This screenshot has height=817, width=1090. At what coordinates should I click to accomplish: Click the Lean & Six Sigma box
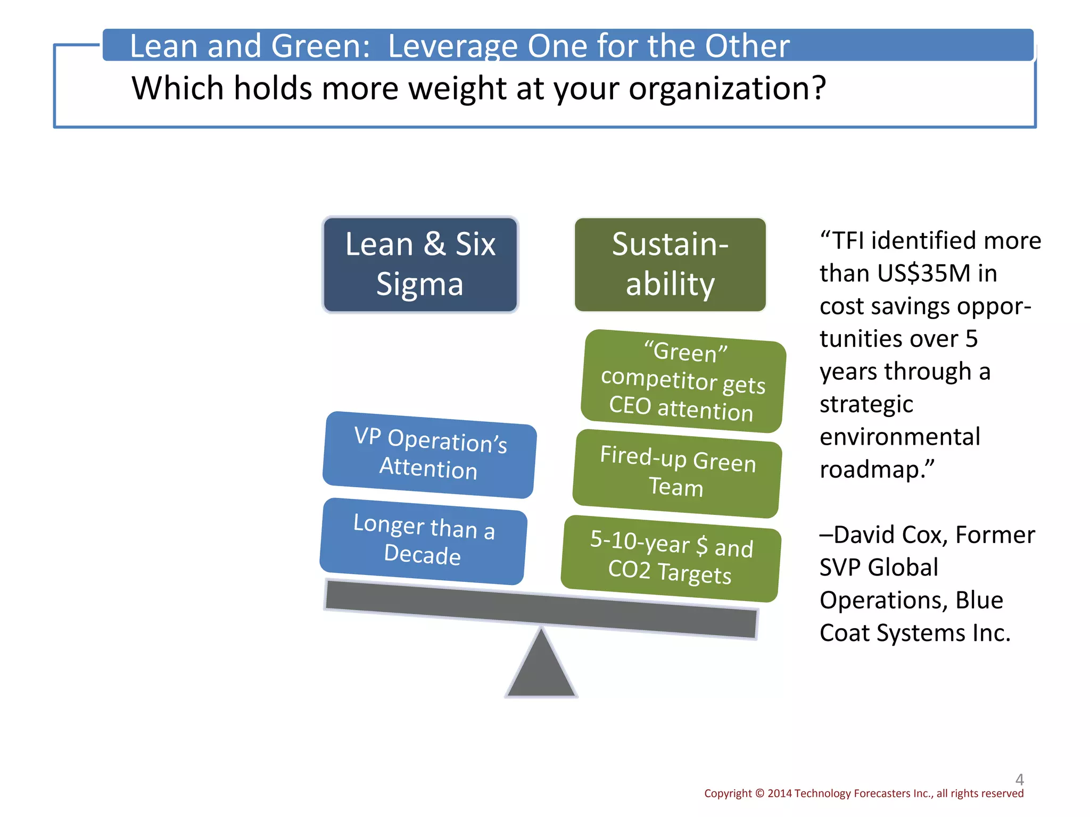420,264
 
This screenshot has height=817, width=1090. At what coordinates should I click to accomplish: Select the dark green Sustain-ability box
670,264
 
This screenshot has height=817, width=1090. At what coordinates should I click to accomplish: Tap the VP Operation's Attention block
430,455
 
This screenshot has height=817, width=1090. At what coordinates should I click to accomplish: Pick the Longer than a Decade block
423,541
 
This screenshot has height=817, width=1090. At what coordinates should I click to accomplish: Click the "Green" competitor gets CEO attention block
683,381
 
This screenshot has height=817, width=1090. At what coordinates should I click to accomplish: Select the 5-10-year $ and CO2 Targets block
671,558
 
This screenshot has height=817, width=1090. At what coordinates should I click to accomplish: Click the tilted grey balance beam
541,609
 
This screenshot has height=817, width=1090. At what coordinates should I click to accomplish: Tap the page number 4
1019,779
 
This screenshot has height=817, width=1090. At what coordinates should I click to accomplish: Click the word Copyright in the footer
728,794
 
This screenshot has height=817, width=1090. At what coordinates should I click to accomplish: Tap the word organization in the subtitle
726,88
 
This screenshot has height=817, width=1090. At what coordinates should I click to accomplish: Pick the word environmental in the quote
899,437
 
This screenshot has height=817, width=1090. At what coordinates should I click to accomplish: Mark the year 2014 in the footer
780,794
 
